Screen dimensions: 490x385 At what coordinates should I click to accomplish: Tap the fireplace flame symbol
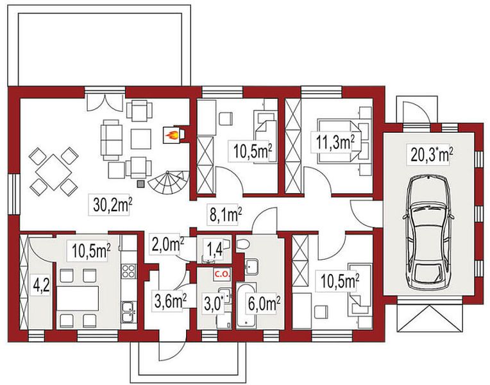click(172, 135)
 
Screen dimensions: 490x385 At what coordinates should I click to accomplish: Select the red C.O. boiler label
click(221, 275)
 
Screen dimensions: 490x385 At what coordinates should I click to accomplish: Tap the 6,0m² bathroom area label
click(263, 304)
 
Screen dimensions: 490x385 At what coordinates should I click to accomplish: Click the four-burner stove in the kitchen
click(128, 271)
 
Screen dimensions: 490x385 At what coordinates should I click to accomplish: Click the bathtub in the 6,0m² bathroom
click(246, 306)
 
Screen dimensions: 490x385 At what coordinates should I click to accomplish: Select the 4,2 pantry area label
click(41, 286)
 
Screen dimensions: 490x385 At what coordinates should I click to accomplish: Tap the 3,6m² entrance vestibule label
click(171, 300)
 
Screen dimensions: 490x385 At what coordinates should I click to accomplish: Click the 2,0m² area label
click(167, 244)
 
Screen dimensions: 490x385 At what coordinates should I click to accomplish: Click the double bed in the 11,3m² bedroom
click(339, 141)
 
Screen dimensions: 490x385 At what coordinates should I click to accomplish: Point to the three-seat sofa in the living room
click(111, 140)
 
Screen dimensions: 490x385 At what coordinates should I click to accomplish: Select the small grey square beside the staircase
click(141, 184)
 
